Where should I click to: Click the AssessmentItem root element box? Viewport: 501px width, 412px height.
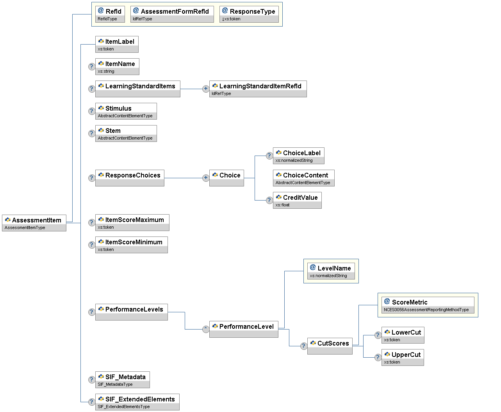tap(34, 223)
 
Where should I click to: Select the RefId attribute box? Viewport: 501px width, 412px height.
tap(110, 14)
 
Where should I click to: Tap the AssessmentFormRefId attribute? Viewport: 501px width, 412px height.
tap(172, 14)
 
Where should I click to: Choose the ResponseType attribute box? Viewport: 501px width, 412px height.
tap(249, 14)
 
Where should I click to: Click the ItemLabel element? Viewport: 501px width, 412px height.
tap(117, 44)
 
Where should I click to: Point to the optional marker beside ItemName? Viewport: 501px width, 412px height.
tap(91, 66)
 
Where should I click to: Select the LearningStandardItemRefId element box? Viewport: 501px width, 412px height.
tap(258, 89)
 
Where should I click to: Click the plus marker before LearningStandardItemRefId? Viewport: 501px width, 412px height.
tap(206, 89)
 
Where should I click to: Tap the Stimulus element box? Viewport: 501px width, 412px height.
tap(126, 111)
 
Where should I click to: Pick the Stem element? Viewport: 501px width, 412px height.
tap(126, 133)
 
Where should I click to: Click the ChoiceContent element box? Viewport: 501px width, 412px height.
tap(303, 178)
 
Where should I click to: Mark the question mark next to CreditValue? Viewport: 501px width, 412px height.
tap(269, 200)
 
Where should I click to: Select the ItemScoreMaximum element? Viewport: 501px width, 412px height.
tap(132, 222)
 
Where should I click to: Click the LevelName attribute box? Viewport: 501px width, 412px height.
tap(331, 271)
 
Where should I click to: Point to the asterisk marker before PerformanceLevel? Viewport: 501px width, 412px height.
tap(206, 329)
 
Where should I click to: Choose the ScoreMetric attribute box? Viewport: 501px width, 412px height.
tap(428, 305)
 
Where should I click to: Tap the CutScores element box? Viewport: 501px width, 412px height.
tap(330, 346)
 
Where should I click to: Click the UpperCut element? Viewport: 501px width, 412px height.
tap(403, 357)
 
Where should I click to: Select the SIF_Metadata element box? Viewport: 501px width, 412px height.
tap(122, 380)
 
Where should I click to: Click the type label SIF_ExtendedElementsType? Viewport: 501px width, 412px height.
tap(124, 407)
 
